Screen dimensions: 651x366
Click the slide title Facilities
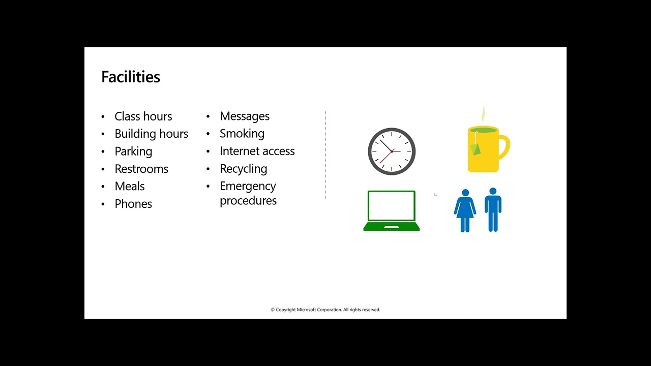tap(131, 77)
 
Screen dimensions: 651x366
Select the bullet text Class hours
tap(143, 116)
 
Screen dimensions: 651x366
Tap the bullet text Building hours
tap(152, 134)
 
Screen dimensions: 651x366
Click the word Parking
tap(133, 151)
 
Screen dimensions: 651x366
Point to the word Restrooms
tap(141, 169)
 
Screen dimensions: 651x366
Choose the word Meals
tap(130, 187)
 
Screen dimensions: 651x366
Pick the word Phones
tap(133, 204)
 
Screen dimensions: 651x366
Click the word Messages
tap(245, 116)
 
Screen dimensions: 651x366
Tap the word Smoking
tap(242, 134)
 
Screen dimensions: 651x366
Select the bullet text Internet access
tap(257, 151)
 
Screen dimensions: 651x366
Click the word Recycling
tap(244, 169)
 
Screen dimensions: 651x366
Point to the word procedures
tap(248, 201)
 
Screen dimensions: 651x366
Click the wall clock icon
tap(392, 151)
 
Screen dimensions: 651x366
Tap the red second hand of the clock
tap(386, 157)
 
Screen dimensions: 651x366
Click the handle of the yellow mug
tap(505, 147)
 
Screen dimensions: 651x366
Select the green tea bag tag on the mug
tap(476, 149)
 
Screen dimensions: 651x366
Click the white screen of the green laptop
tap(392, 206)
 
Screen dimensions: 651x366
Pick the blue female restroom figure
tap(465, 210)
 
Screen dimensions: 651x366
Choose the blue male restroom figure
tap(493, 210)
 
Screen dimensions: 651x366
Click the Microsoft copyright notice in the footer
tap(325, 310)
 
